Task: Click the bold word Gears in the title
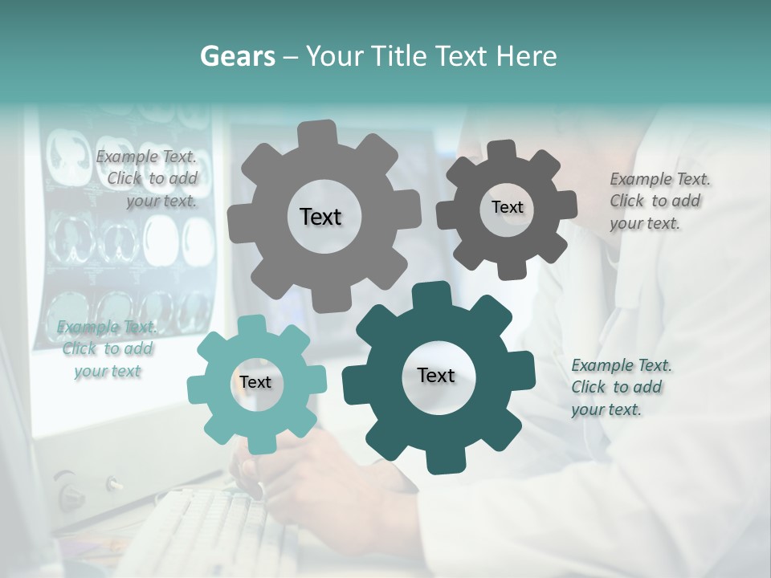(x=237, y=56)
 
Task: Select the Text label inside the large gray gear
(x=321, y=217)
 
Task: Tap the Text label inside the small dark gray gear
(x=507, y=207)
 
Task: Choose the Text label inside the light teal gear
(x=255, y=382)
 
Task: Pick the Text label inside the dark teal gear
(x=436, y=375)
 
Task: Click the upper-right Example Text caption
(x=659, y=201)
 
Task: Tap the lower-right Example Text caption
(x=620, y=387)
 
